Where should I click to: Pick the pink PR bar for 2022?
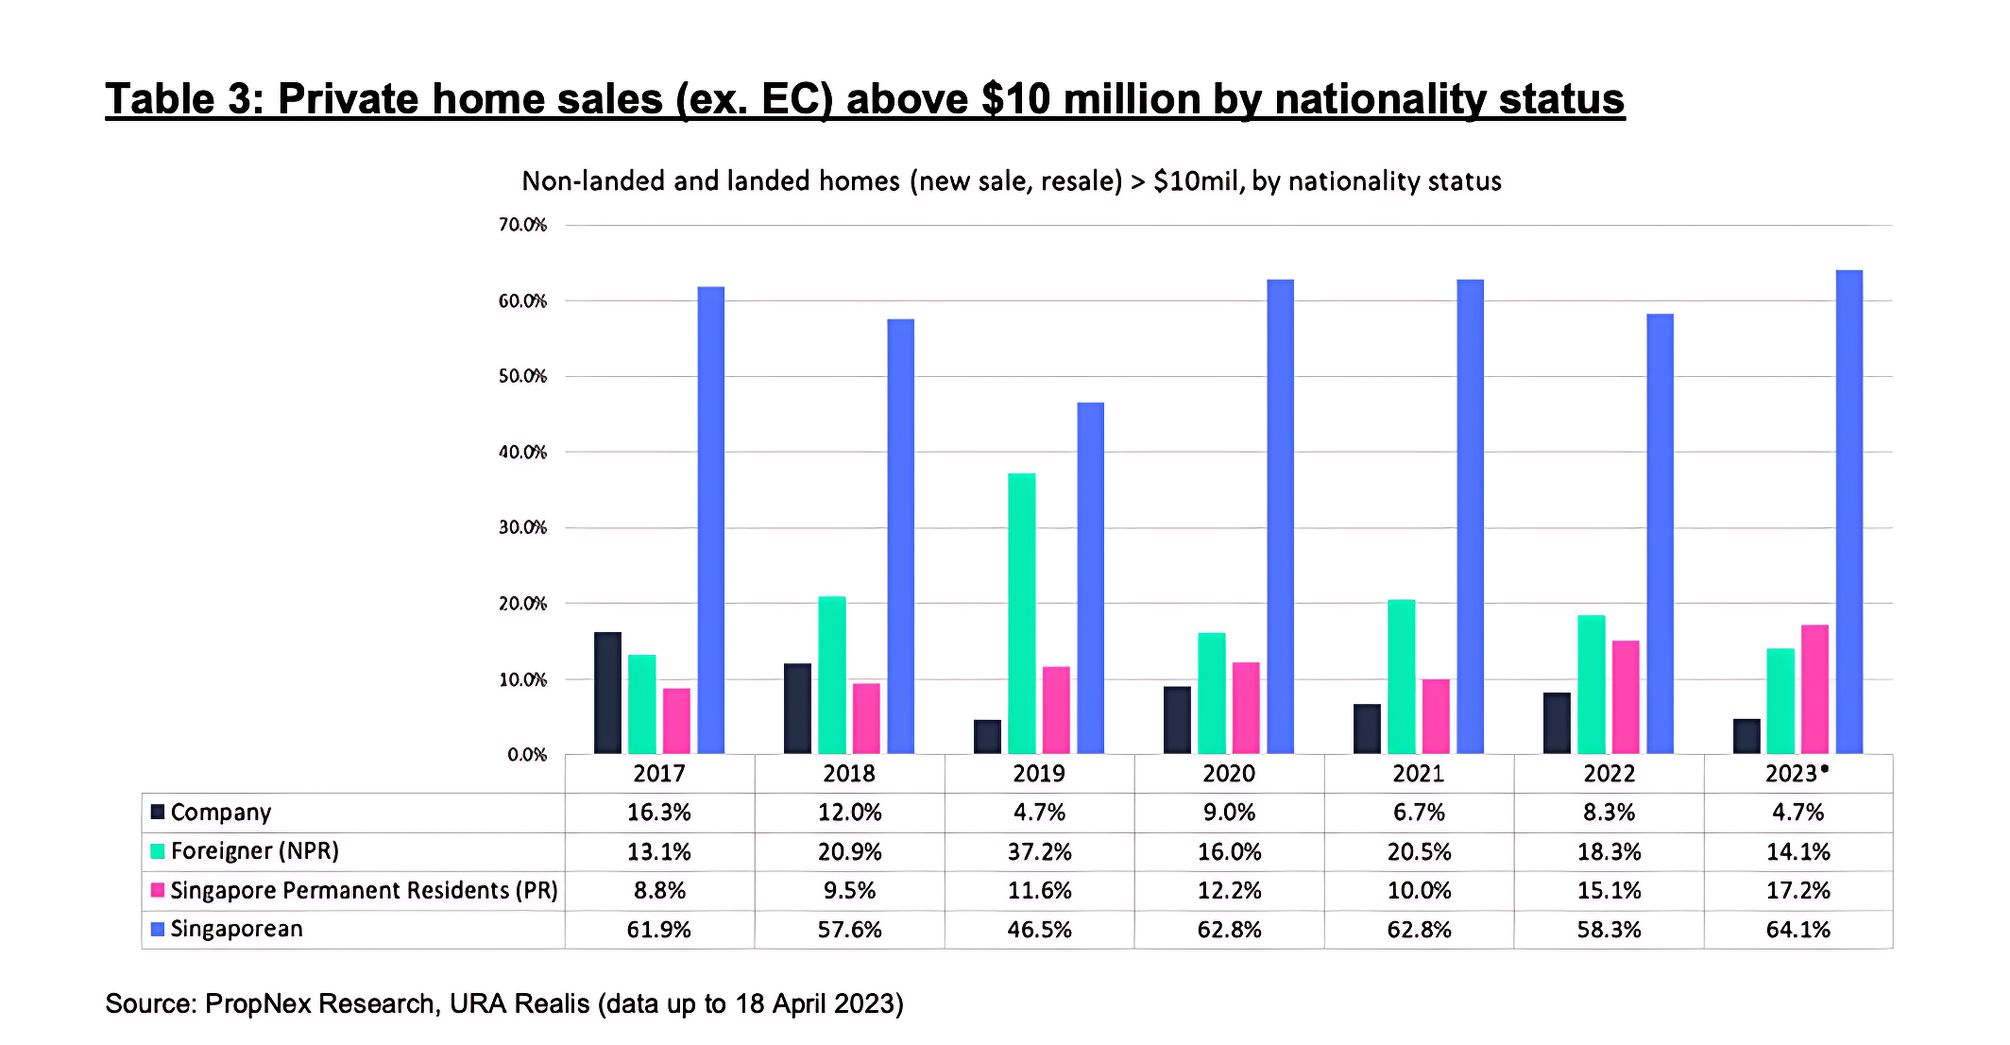coord(1625,697)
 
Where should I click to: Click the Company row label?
coord(221,813)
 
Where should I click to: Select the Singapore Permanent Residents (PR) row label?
coord(363,890)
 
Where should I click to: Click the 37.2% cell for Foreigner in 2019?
coord(1039,851)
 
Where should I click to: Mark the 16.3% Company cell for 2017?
coord(659,813)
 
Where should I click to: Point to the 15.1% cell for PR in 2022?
coord(1609,890)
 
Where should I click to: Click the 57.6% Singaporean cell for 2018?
coord(850,929)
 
